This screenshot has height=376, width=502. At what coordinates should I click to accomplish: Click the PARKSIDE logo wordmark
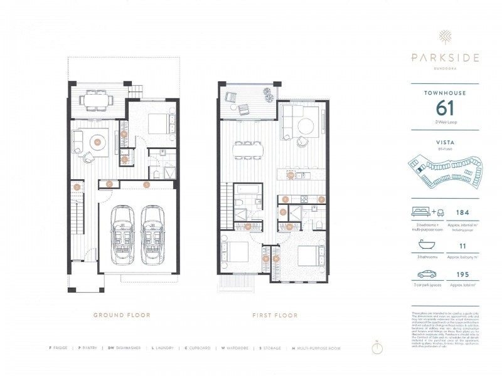click(x=446, y=58)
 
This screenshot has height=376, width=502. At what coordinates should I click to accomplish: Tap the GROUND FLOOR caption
click(x=122, y=315)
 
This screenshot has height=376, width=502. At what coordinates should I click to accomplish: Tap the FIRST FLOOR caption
click(x=275, y=315)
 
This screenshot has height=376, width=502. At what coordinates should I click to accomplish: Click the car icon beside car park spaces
click(x=427, y=274)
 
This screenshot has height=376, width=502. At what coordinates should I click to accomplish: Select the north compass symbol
click(x=376, y=348)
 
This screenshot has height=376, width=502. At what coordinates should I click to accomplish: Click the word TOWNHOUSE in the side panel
click(x=445, y=93)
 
